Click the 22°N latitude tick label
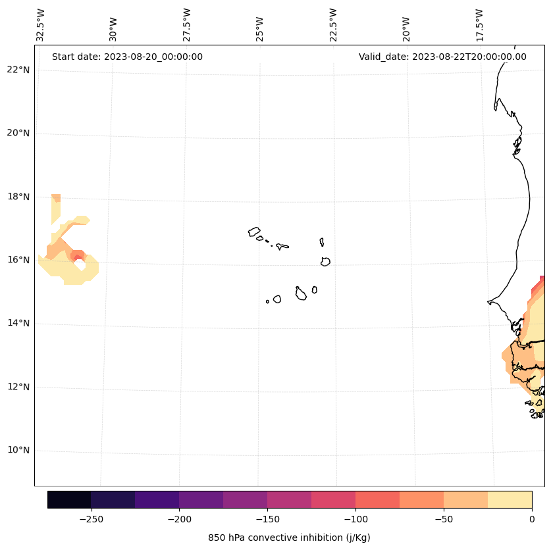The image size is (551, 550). [18, 70]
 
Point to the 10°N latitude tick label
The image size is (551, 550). [18, 451]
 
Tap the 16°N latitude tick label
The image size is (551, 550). [18, 260]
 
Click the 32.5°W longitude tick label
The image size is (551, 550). [41, 24]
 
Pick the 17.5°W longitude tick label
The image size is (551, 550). [479, 24]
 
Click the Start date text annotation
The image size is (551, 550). [127, 57]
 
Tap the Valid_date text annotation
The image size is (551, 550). [442, 57]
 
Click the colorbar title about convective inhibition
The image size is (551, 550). [289, 537]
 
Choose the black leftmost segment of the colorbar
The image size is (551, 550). [69, 499]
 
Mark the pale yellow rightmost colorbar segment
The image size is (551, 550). [510, 499]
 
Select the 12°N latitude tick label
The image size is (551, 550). [18, 387]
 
